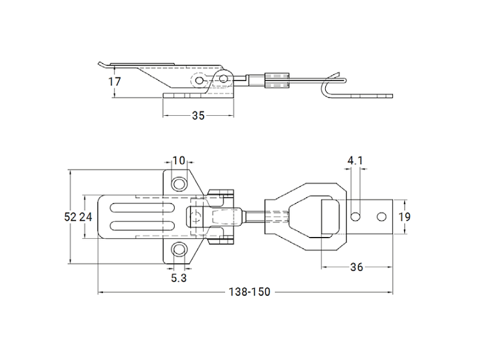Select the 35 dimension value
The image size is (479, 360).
tap(198, 115)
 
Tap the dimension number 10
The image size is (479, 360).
tap(178, 161)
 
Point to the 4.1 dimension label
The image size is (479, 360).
tap(354, 160)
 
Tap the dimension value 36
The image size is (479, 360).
tap(356, 267)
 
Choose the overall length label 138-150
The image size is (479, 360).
tap(250, 292)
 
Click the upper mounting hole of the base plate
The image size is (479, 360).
tap(178, 182)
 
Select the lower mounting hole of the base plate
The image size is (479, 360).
tap(178, 250)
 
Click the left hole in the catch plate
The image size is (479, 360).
tap(356, 215)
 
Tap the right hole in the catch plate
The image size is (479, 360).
tap(381, 215)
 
